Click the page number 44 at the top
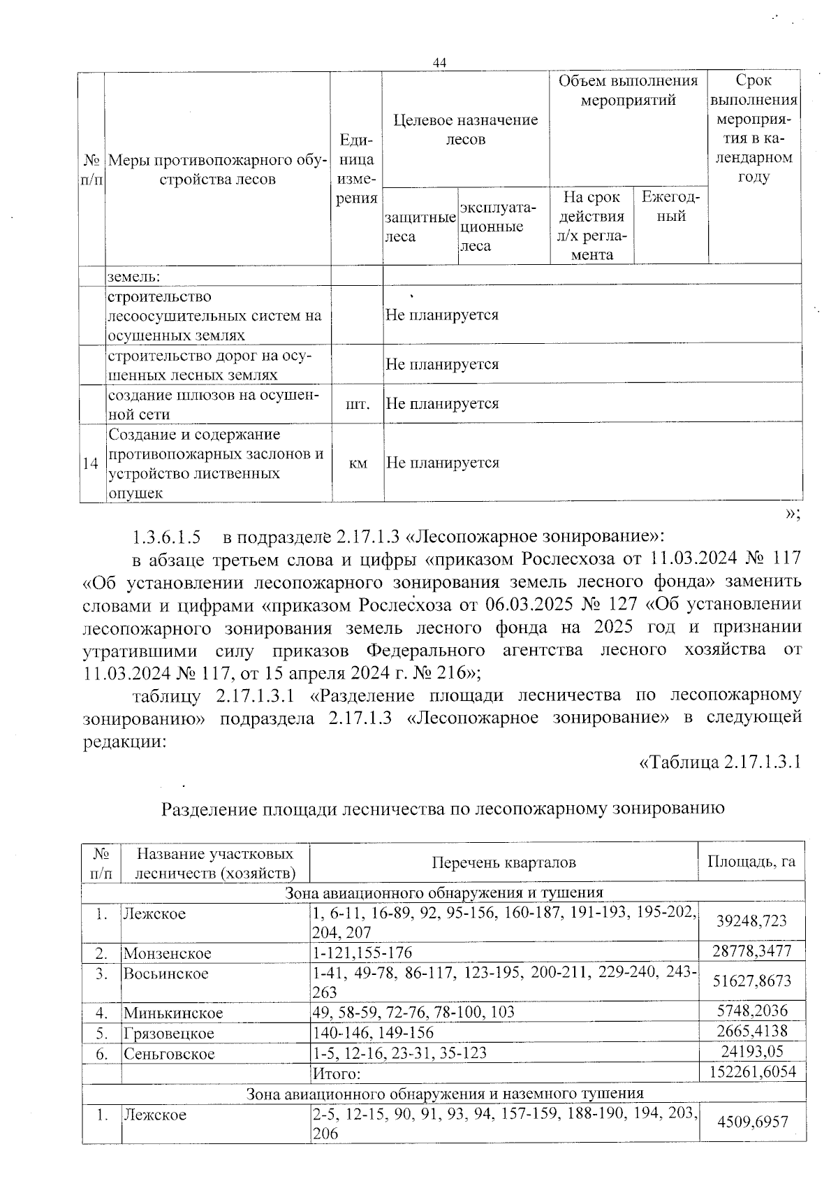coord(439,63)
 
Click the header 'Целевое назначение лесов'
coord(465,129)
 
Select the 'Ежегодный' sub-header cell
coord(670,206)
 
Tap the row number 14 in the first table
coord(90,463)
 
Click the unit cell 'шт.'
coord(358,404)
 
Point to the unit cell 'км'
coord(358,463)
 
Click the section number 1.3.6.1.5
coord(166,537)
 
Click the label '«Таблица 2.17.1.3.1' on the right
coord(719,761)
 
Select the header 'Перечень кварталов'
coord(503,862)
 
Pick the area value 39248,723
coord(751,921)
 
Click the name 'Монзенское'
coord(168,953)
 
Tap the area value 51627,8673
coord(751,981)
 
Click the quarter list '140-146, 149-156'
coord(373,1032)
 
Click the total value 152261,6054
coord(751,1071)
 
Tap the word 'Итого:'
coord(336,1073)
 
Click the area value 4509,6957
coord(751,1122)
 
